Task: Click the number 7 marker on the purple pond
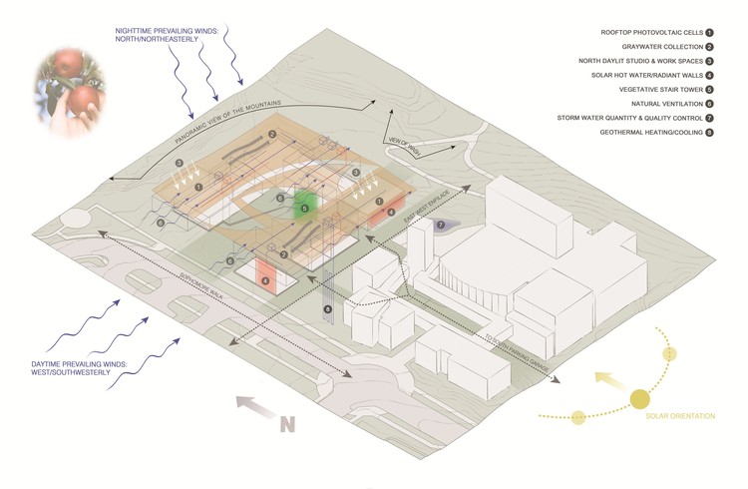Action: [x=440, y=226]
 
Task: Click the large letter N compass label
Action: [x=288, y=424]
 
